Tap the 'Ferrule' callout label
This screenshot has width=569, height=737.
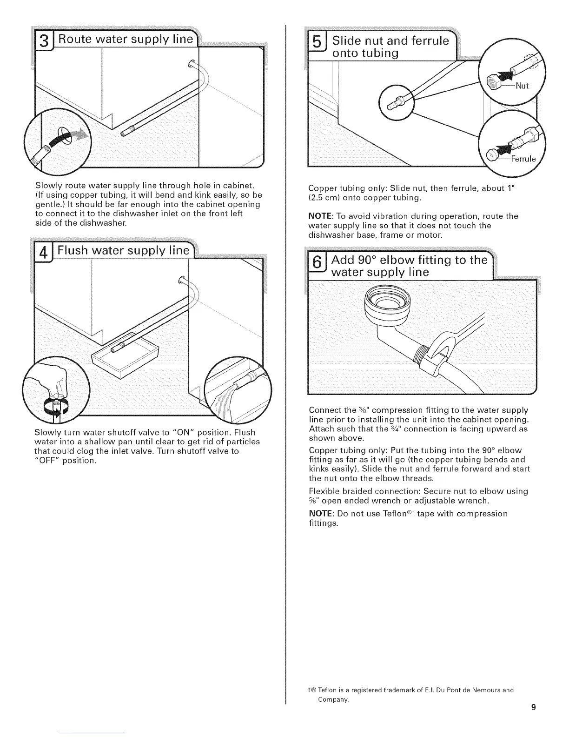click(523, 159)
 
